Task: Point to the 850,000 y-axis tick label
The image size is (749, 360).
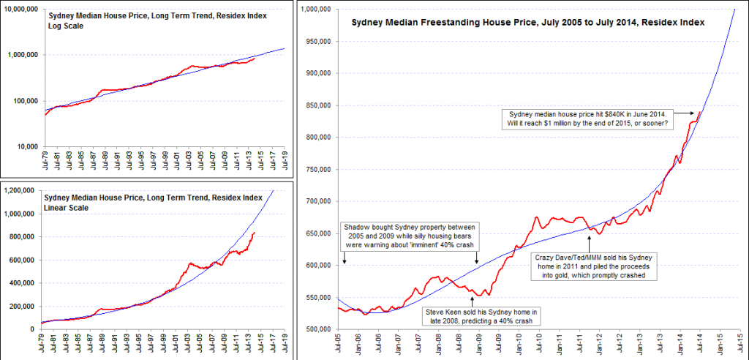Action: [x=319, y=105]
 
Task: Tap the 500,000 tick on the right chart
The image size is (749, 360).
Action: [x=319, y=329]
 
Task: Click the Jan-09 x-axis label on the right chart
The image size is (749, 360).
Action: [x=480, y=345]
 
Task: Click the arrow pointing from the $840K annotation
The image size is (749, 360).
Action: [x=686, y=113]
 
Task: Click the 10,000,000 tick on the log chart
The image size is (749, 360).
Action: [x=22, y=9]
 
